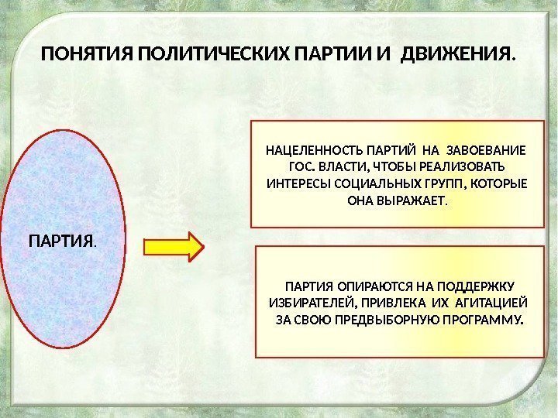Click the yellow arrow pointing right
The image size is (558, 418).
click(x=174, y=246)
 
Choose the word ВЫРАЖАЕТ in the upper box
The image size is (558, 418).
click(x=411, y=201)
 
